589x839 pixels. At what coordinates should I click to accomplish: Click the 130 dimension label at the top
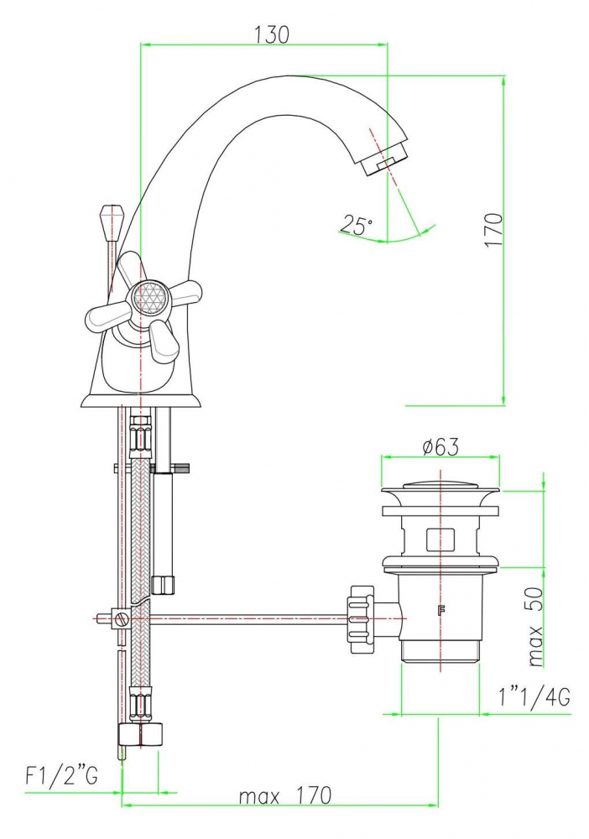tap(271, 34)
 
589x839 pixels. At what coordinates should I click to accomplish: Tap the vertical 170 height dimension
tap(494, 230)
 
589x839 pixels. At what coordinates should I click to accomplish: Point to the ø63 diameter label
tap(440, 447)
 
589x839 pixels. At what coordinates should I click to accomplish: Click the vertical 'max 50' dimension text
tap(535, 626)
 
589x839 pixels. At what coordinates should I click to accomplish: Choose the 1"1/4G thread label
tap(534, 697)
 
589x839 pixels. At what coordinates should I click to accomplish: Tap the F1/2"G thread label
tap(61, 775)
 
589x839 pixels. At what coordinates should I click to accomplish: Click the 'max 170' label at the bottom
tap(285, 796)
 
